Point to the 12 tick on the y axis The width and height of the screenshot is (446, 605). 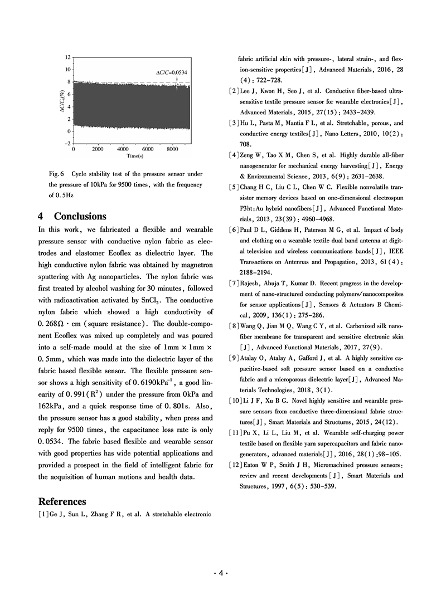(x=67, y=57)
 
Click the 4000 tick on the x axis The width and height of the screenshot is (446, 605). (x=123, y=150)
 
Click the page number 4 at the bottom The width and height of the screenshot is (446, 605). (x=222, y=573)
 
